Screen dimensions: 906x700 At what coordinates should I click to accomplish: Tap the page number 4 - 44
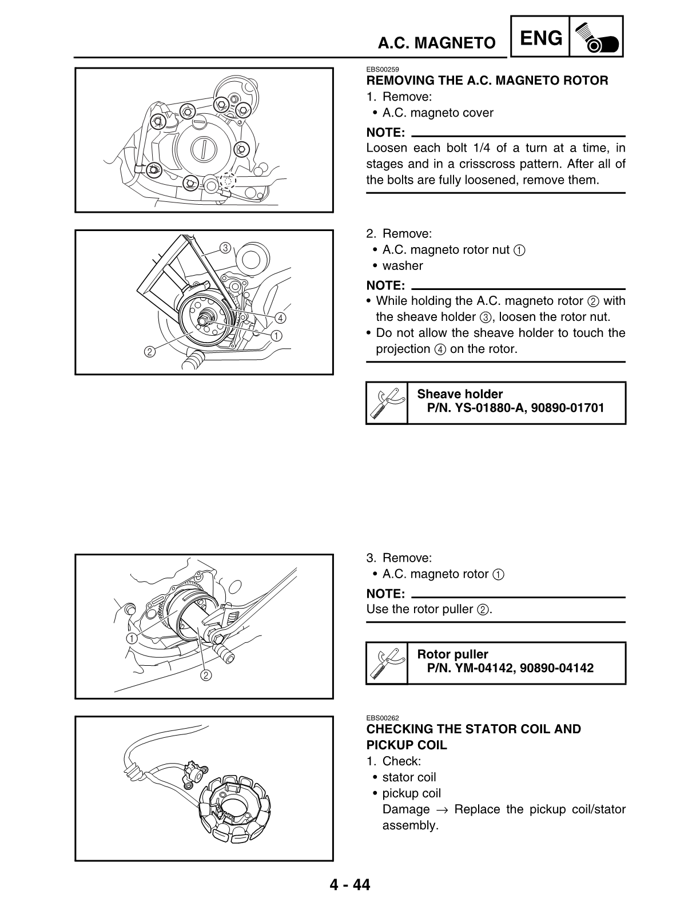[349, 885]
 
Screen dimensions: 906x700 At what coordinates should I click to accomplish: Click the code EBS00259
[383, 70]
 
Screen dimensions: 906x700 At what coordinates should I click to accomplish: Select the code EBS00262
[383, 718]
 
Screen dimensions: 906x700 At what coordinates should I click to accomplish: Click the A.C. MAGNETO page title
[436, 43]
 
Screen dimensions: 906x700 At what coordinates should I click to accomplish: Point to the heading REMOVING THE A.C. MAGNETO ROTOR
[487, 81]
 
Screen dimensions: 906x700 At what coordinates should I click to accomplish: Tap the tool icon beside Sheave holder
[387, 403]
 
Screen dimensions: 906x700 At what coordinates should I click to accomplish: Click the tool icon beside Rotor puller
[387, 663]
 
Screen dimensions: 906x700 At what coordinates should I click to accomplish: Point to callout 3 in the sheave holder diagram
[225, 248]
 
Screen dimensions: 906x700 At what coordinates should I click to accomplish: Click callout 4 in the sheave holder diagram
[280, 317]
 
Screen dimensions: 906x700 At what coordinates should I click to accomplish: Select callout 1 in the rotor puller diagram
[132, 638]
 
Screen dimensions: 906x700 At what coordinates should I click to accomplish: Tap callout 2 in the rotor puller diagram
[205, 675]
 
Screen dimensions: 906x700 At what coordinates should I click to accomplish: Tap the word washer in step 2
[403, 266]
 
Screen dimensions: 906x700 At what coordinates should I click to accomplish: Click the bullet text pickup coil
[411, 793]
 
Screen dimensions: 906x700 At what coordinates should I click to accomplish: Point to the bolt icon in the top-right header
[596, 37]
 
